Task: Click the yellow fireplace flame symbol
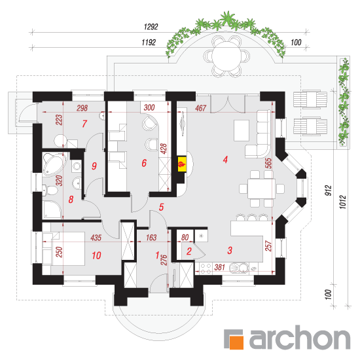tap(182, 164)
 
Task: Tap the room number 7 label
tap(84, 124)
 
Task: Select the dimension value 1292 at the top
tap(151, 27)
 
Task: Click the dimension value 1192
tap(149, 43)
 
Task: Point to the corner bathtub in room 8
tap(54, 164)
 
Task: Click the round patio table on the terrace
tap(226, 56)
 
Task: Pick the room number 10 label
tap(96, 255)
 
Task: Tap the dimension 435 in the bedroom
tap(96, 238)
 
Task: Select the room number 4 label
tap(225, 159)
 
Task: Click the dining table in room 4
tap(261, 189)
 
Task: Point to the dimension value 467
tap(201, 108)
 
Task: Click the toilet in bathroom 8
tap(50, 190)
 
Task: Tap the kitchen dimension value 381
tap(219, 267)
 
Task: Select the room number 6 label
tap(144, 163)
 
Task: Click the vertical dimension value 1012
tap(342, 202)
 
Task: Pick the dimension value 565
tap(268, 163)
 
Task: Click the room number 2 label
tap(189, 251)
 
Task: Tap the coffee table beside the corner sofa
tap(242, 130)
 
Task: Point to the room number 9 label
tap(94, 166)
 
